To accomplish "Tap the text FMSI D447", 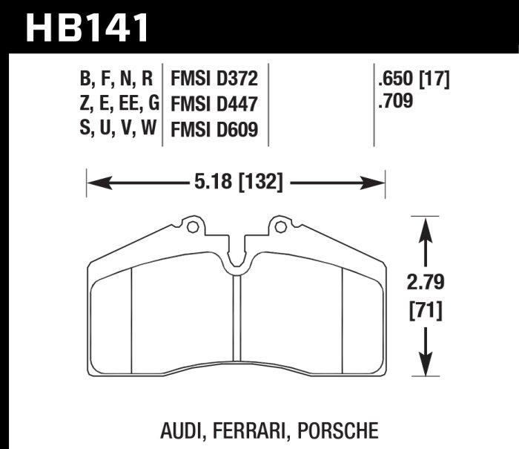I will tap(214, 105).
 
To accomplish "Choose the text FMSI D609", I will tap(214, 130).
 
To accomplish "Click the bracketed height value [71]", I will tap(425, 312).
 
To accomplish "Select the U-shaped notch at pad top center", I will tap(237, 260).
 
